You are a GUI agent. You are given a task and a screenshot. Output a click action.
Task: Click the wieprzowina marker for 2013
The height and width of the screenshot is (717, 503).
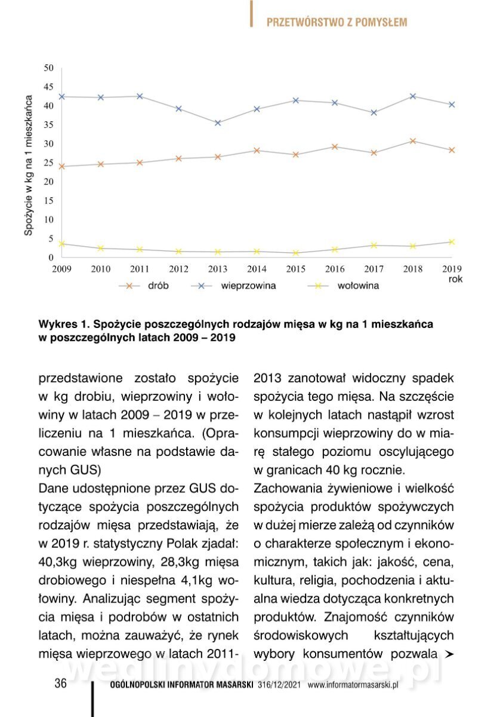pos(218,123)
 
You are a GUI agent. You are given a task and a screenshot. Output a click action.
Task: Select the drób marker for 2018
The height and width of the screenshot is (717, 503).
pos(413,141)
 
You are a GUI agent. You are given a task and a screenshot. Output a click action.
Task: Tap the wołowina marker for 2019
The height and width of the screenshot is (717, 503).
pos(452,242)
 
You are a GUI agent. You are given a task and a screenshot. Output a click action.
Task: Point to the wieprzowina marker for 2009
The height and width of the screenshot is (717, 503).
pos(62,97)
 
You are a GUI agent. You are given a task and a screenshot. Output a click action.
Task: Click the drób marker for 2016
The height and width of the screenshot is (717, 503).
pos(335,147)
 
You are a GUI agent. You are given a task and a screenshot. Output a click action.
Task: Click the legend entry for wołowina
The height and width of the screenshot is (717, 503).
pos(342,286)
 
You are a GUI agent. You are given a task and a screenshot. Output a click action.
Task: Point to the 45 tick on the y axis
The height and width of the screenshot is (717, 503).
pos(49,87)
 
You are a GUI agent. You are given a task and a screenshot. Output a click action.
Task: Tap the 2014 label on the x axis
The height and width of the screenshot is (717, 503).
pos(257,269)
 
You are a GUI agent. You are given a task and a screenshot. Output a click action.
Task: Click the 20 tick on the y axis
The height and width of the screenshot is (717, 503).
pos(49,182)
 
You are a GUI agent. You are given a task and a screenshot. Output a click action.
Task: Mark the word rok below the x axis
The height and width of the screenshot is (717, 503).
pos(456,278)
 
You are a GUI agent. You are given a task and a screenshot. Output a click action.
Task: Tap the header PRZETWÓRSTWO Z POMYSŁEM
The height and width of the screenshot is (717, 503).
pos(337,22)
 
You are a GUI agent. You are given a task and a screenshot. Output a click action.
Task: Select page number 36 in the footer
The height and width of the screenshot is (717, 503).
pos(60,684)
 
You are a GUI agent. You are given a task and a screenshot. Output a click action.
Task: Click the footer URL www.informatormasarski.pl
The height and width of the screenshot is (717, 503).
pos(353,685)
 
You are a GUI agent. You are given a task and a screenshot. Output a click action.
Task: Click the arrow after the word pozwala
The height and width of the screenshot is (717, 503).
pos(449,654)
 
